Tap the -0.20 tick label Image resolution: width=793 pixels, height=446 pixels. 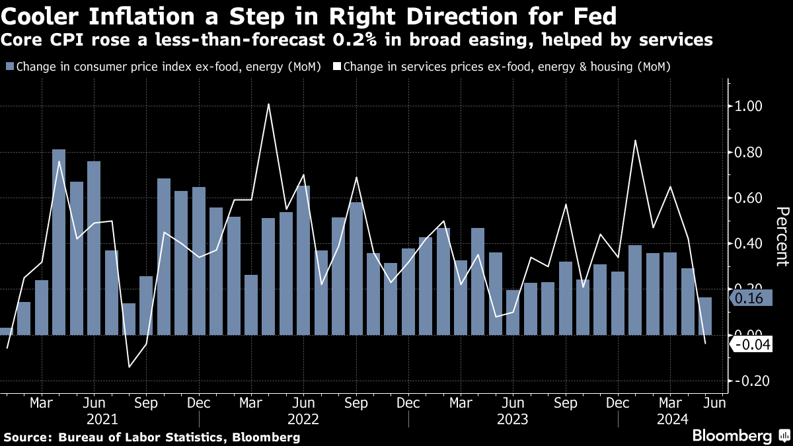[x=748, y=381]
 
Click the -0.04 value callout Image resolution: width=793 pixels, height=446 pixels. [x=752, y=345]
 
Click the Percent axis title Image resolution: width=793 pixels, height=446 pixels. [x=782, y=236]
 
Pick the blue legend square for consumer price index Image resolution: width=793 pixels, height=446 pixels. [x=9, y=67]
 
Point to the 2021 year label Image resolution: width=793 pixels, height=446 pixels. [x=102, y=419]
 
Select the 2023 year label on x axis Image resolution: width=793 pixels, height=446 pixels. [x=512, y=419]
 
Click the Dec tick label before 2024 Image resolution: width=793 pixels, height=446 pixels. [x=618, y=402]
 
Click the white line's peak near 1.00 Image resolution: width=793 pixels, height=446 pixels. [x=268, y=104]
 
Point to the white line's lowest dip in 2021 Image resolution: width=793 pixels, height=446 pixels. [x=129, y=367]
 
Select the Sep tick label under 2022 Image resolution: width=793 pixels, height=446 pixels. [x=356, y=402]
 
